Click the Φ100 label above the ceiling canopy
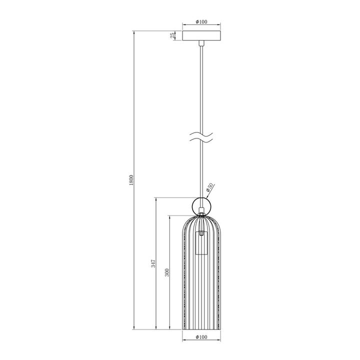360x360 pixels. pyautogui.click(x=201, y=22)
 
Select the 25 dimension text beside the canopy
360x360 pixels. pyautogui.click(x=172, y=35)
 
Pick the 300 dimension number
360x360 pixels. pyautogui.click(x=167, y=272)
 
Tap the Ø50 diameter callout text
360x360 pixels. pyautogui.click(x=210, y=188)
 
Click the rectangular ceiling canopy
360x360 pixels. pyautogui.click(x=201, y=36)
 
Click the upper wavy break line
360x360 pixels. pyautogui.click(x=201, y=134)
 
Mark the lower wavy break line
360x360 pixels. pyautogui.click(x=201, y=140)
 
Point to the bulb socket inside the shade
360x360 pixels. pyautogui.click(x=201, y=243)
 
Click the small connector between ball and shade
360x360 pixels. pyautogui.click(x=201, y=215)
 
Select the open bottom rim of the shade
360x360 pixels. pyautogui.click(x=201, y=329)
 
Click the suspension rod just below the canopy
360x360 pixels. pyautogui.click(x=201, y=50)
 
